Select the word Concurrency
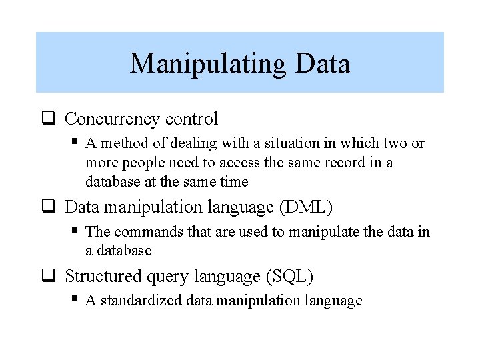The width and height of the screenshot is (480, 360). (113, 119)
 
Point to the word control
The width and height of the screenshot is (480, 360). (191, 119)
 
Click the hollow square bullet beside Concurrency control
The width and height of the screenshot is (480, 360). (48, 120)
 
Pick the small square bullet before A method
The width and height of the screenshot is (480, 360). (75, 142)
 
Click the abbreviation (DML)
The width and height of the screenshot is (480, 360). (305, 207)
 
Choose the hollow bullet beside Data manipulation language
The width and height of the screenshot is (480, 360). (48, 208)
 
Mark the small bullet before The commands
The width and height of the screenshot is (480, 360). (75, 231)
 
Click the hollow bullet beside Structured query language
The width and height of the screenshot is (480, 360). (48, 276)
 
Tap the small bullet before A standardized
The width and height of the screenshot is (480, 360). (75, 299)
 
